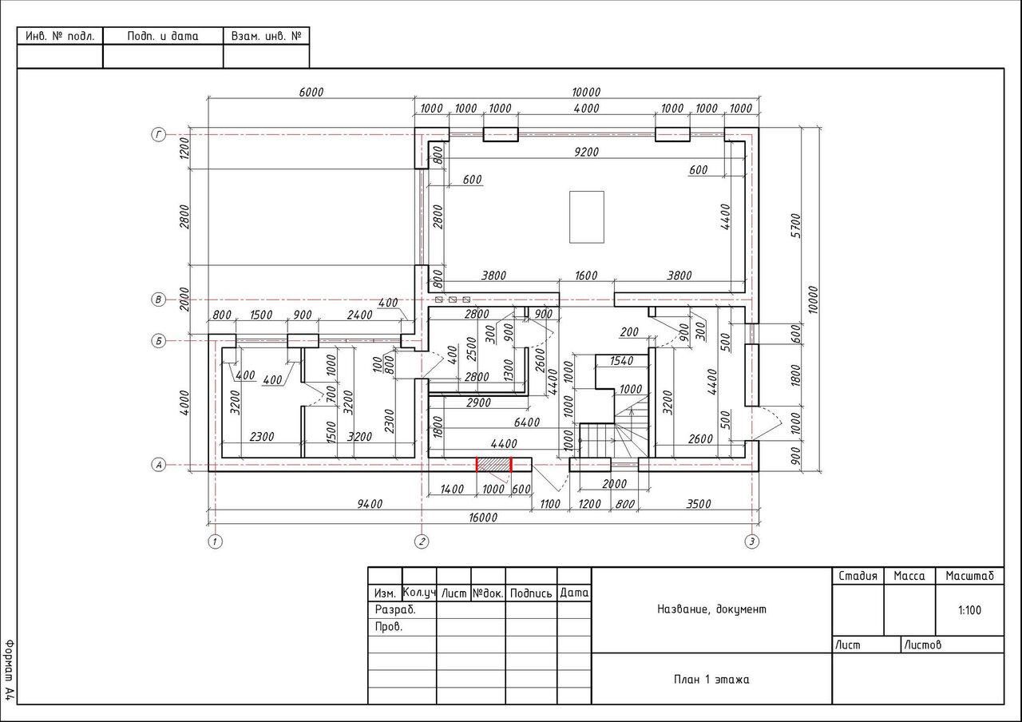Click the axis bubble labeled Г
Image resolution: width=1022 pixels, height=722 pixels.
click(158, 135)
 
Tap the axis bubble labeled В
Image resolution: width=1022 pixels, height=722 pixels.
click(158, 300)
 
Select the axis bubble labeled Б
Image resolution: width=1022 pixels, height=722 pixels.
click(158, 341)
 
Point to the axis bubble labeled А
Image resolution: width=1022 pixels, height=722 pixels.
click(158, 465)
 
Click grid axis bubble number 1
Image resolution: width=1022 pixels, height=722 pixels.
click(215, 541)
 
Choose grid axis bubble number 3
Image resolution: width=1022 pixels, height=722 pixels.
click(752, 541)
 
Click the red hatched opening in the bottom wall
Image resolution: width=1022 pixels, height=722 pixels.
click(493, 465)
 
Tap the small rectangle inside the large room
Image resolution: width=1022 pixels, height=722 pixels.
click(587, 217)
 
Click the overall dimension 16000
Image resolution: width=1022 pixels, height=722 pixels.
click(483, 518)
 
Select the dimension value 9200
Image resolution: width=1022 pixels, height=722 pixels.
click(586, 152)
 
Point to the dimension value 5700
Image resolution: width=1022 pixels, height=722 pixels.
click(795, 225)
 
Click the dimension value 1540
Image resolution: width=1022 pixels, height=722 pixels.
click(621, 361)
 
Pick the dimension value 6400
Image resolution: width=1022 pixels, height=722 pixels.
click(527, 422)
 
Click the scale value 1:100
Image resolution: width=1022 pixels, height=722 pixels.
click(969, 610)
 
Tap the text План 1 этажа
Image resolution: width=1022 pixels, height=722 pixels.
click(711, 680)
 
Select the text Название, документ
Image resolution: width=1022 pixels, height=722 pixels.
click(711, 609)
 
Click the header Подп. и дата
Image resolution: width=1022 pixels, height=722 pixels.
click(163, 36)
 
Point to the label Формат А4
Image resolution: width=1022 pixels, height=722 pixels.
click(10, 670)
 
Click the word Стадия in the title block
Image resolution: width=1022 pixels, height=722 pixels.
click(858, 576)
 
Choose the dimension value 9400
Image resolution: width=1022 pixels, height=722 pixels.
click(370, 504)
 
